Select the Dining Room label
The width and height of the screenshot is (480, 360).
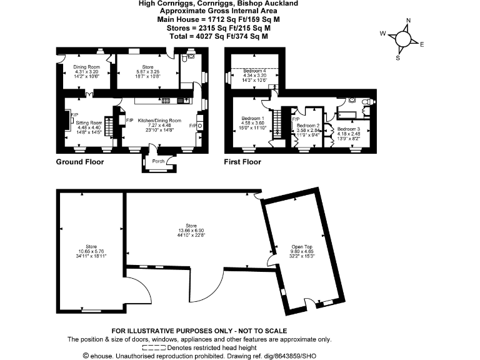[86, 66]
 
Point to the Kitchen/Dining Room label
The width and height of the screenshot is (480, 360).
[159, 120]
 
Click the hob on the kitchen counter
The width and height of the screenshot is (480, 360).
[166, 100]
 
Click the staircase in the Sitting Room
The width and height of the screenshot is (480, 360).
[109, 129]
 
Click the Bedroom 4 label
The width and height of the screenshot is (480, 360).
[254, 71]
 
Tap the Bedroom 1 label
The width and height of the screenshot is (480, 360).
[254, 119]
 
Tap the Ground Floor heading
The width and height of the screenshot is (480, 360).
[80, 162]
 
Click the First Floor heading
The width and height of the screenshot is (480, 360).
[242, 162]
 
